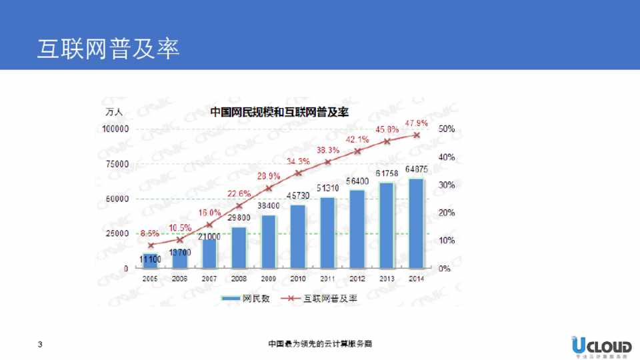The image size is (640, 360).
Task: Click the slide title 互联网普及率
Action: [x=109, y=49]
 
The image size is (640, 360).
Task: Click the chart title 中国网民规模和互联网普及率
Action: [x=280, y=112]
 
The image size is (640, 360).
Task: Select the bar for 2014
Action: [x=416, y=223]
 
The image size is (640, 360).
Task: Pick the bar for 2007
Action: [x=209, y=254]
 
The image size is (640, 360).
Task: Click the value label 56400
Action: [x=357, y=181]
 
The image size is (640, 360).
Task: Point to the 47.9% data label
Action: [x=416, y=123]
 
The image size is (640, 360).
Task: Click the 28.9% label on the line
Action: [x=269, y=176]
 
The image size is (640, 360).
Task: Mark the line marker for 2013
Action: [x=387, y=141]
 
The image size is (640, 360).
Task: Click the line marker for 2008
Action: [x=239, y=205]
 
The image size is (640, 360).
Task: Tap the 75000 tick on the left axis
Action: [x=117, y=163]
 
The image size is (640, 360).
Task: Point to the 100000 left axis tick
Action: [x=116, y=129]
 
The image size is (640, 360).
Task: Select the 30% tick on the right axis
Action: [x=446, y=185]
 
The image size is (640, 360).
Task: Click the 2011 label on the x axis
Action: [x=328, y=279]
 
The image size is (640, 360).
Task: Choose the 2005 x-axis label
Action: [x=151, y=279]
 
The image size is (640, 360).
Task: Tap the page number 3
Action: [x=41, y=345]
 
